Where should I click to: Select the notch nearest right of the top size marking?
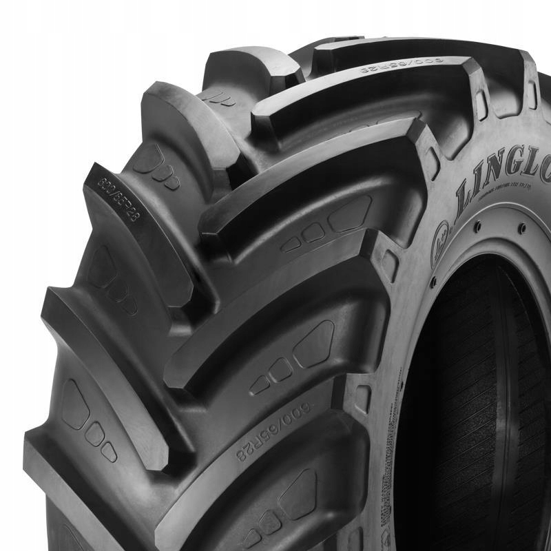click(481, 103)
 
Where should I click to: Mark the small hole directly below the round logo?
click(433, 282)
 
